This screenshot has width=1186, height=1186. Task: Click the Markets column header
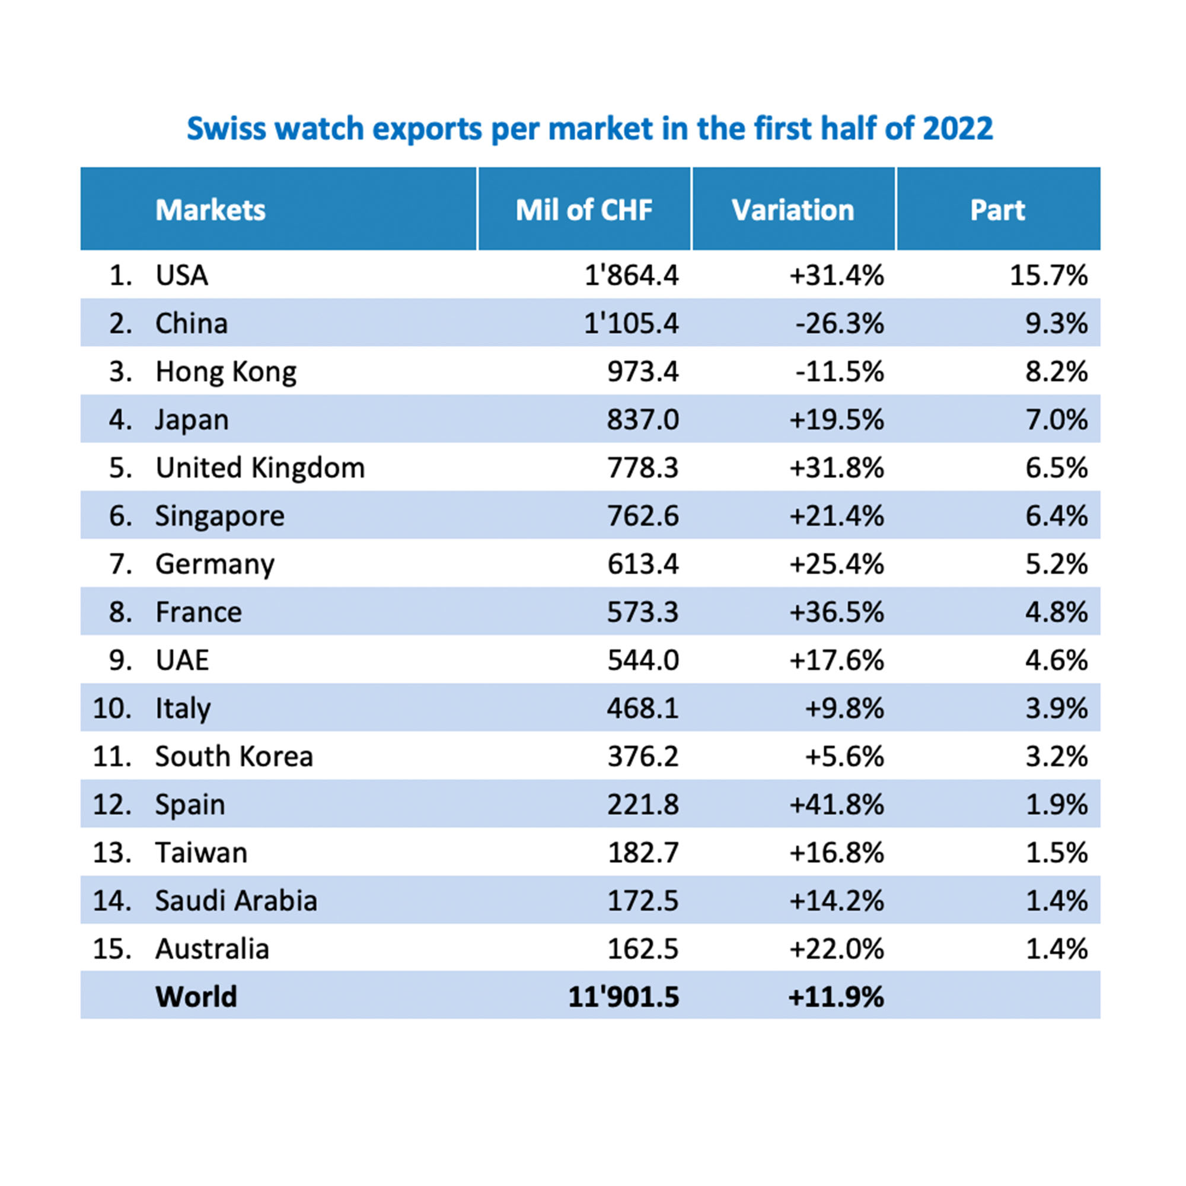click(x=210, y=210)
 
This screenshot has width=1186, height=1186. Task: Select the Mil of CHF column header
click(x=583, y=210)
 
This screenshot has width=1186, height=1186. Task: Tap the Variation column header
click(x=792, y=210)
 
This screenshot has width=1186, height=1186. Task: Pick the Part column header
click(x=997, y=210)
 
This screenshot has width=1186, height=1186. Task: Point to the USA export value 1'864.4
click(x=631, y=275)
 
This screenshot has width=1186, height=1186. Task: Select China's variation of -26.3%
click(x=839, y=324)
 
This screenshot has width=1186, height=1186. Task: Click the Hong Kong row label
click(x=225, y=372)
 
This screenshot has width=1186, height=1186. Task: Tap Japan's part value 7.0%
click(x=1056, y=420)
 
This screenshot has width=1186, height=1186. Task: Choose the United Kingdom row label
click(x=260, y=468)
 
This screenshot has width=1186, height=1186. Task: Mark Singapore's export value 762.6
click(x=643, y=516)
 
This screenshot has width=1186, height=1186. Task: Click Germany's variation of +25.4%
click(x=836, y=564)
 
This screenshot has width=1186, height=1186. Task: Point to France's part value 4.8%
click(x=1056, y=612)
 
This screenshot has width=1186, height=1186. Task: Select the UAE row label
click(x=181, y=661)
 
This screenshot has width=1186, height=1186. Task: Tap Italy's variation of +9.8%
click(x=844, y=709)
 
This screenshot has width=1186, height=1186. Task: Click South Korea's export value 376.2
click(x=643, y=756)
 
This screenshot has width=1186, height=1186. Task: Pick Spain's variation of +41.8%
click(x=836, y=805)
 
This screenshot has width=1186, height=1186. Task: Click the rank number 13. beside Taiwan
click(x=111, y=853)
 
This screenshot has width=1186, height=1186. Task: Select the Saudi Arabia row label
click(x=236, y=901)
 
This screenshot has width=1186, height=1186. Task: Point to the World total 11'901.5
click(x=623, y=997)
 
